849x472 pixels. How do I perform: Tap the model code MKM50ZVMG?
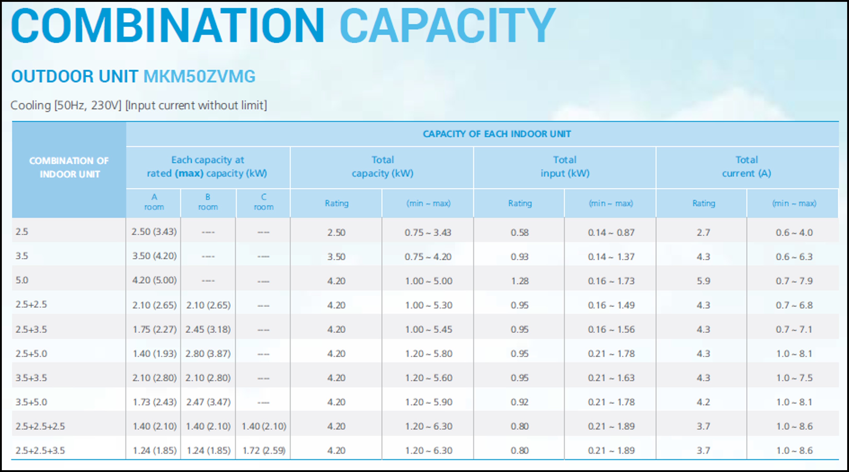[199, 76]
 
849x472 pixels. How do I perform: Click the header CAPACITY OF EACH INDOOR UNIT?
[497, 134]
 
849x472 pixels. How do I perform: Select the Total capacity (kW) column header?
[382, 167]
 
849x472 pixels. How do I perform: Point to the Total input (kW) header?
[565, 167]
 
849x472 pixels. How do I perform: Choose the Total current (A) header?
[747, 167]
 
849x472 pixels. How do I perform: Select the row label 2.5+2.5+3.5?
[40, 450]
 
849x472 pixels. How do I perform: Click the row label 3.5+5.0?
[31, 402]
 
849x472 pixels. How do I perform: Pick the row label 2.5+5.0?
[31, 353]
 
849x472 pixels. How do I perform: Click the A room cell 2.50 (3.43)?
[154, 232]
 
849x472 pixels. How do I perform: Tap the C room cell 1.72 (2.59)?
[264, 450]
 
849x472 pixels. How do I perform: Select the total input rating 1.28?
[520, 281]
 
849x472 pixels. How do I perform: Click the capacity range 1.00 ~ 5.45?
[428, 329]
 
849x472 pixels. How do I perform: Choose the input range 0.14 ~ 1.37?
[611, 257]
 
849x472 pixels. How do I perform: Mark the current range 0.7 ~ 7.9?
[794, 281]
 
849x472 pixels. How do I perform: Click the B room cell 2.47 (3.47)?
[208, 402]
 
